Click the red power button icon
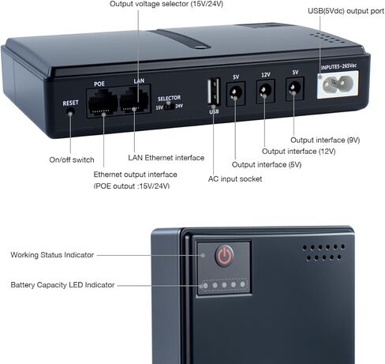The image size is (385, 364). (x=224, y=256)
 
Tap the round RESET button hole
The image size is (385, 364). (x=70, y=113)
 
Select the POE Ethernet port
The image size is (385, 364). (x=103, y=103)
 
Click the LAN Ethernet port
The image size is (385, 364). (x=134, y=100)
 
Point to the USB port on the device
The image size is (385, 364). (x=214, y=92)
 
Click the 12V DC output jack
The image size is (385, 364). (x=265, y=91)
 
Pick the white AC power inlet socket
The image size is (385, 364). (x=338, y=84)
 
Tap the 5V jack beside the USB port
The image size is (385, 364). (x=236, y=94)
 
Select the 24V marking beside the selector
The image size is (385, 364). (x=179, y=106)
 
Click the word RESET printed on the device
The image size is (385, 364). (x=70, y=103)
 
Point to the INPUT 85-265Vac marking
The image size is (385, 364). (x=338, y=66)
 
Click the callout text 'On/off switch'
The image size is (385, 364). (x=72, y=159)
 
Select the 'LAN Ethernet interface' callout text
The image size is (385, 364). (x=166, y=158)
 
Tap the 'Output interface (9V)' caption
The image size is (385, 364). (x=325, y=140)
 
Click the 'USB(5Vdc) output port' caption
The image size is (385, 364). (x=346, y=11)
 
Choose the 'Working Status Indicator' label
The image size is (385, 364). (x=52, y=255)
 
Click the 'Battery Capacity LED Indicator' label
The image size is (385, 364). (x=62, y=285)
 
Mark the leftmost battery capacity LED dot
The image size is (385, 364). (x=205, y=286)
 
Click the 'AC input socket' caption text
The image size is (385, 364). (x=235, y=179)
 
